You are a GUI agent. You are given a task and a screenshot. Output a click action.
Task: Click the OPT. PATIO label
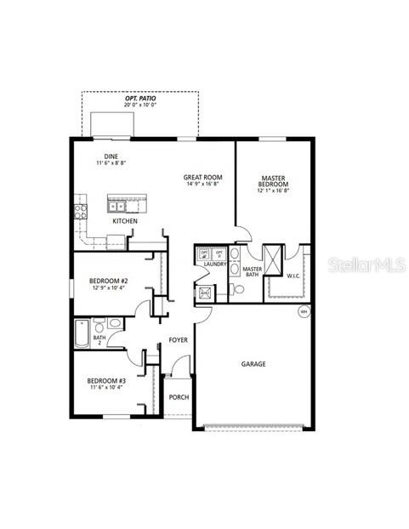pos(140,99)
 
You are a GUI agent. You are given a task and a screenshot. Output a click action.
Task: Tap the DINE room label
pos(111,156)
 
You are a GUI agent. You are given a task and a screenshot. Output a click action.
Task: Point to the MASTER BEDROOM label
pos(274,181)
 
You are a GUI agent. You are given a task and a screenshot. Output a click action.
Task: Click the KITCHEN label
pos(125,221)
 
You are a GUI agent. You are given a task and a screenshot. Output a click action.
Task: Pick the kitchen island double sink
pos(117,205)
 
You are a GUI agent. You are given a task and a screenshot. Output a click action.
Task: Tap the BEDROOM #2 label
pos(111,281)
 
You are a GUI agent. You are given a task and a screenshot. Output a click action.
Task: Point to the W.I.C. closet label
pos(293,276)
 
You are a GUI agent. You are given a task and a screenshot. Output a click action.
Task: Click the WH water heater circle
pos(304,312)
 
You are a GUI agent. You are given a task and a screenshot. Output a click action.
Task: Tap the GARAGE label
pos(253,363)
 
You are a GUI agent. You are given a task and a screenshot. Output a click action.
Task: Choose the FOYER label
pos(178,340)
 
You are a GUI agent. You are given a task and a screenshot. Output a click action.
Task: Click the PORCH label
pos(179,397)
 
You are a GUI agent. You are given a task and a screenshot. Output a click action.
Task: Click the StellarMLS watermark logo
pos(369,264)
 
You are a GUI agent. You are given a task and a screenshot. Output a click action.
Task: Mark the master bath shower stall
pos(272,259)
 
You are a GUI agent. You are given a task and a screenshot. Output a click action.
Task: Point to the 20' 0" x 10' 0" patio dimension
pos(140,107)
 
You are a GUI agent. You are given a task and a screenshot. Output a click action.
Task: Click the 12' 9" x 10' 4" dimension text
pos(111,288)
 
